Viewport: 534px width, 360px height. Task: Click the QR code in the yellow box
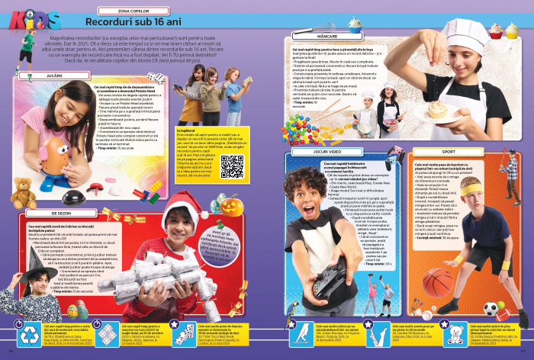pos(233,166)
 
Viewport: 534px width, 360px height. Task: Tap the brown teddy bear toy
pos(20,196)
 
